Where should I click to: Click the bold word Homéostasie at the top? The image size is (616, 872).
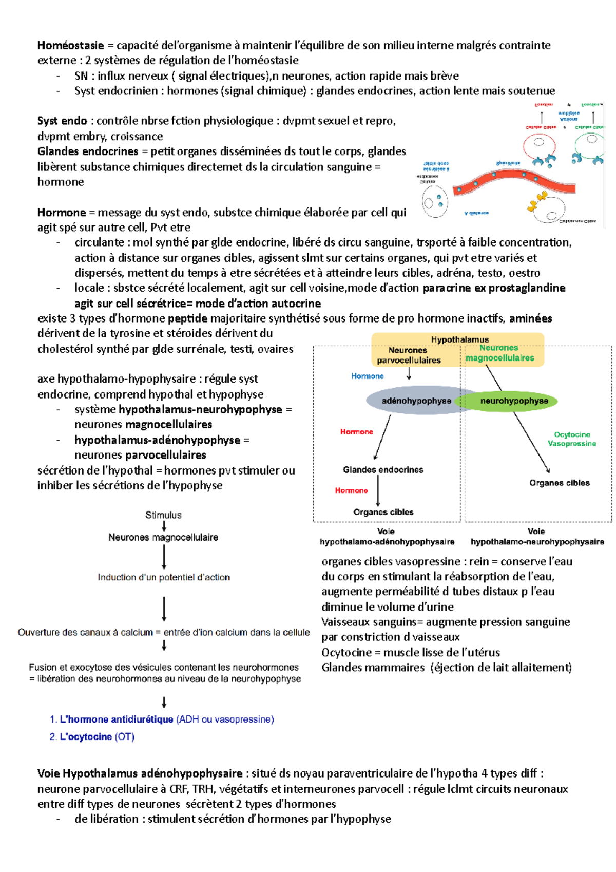coord(70,45)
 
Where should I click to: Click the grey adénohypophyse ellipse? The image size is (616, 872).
coord(416,401)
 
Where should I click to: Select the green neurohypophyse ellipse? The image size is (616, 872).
coord(514,401)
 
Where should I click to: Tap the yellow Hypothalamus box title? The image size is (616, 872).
coord(459,339)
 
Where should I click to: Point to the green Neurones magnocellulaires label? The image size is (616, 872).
coord(499,353)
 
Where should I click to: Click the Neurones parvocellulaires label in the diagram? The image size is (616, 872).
coord(409,355)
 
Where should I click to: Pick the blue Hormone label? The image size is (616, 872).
coord(367,376)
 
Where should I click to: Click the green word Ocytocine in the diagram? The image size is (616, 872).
coord(572,434)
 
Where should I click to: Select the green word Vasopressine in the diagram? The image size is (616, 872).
coord(572,444)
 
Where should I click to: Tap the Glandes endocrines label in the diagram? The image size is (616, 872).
coord(383,470)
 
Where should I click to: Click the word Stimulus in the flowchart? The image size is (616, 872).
coord(163,515)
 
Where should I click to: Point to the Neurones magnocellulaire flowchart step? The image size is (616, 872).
coord(163,537)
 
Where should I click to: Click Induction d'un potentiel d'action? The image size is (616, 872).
coord(164,577)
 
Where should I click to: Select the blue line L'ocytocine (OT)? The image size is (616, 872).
coord(92,737)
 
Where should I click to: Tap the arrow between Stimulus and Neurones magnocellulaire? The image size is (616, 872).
coord(164,526)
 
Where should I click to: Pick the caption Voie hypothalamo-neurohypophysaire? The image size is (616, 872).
coord(537,537)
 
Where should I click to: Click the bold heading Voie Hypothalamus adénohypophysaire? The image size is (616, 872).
coord(140,773)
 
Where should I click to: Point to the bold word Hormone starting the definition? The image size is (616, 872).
coord(62,213)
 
